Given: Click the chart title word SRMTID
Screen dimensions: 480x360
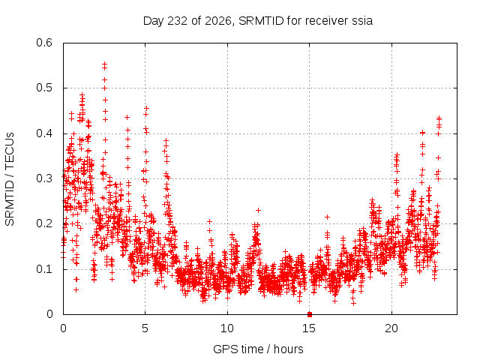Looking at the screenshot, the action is coord(262,21).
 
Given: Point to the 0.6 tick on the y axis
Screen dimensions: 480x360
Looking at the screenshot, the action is coord(44,43).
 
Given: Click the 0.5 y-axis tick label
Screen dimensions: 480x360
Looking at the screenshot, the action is coord(44,88).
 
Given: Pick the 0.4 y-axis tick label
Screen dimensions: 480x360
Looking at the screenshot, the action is coord(44,133).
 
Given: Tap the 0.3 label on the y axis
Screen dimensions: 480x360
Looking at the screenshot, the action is coord(44,178).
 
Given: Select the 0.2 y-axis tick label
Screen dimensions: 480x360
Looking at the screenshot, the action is coord(44,223).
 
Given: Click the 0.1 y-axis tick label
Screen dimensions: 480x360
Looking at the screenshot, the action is coord(44,269).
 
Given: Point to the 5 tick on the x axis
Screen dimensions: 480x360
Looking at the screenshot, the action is coord(145,328).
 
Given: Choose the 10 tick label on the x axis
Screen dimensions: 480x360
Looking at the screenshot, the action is coord(227,328).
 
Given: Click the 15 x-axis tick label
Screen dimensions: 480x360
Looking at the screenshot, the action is coord(309,328).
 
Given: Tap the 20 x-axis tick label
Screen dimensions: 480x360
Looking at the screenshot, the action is coord(391,328).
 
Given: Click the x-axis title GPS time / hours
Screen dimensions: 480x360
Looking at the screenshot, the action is coord(258,349).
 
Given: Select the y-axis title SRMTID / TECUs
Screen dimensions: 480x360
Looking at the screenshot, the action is coord(10,179).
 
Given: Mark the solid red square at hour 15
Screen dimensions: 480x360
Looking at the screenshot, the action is coord(310,314).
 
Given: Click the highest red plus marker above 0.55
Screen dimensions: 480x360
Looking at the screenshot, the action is coord(105,64).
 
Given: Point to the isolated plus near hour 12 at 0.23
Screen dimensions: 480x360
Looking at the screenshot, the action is coord(258,210).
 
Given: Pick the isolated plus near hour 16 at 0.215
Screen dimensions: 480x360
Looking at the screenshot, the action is coord(327,217).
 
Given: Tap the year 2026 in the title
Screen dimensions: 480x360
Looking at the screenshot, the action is coord(218,21).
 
